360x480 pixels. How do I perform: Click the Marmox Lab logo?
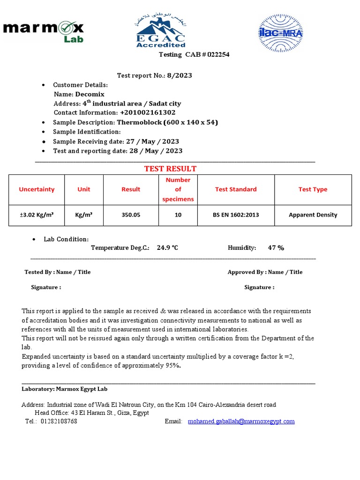pos(43,31)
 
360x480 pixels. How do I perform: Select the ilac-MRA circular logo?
pos(281,33)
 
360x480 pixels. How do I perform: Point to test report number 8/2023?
pos(180,75)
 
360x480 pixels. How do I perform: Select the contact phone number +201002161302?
pos(148,112)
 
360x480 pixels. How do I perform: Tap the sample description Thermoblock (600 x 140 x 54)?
pos(167,122)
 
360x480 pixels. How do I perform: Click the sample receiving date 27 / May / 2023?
pos(153,142)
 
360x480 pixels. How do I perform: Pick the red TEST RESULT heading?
pos(170,169)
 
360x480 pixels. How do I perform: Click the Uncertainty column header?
pos(37,189)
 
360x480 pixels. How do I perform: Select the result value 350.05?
pos(131,215)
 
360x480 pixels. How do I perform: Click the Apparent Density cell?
pos(313,215)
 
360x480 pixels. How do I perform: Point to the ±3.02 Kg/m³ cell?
pos(37,215)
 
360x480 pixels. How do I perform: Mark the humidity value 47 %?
pos(276,248)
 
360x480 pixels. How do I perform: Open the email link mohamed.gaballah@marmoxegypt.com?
pos(241,421)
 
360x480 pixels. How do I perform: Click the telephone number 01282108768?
pos(59,421)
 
